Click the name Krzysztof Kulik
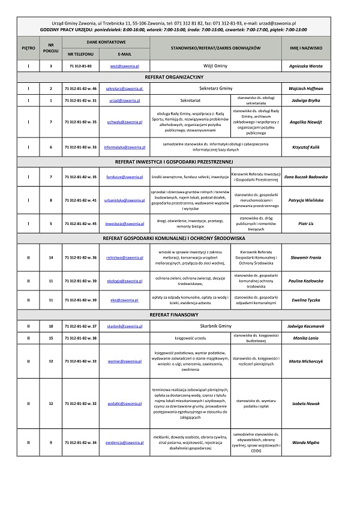click(x=305, y=147)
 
